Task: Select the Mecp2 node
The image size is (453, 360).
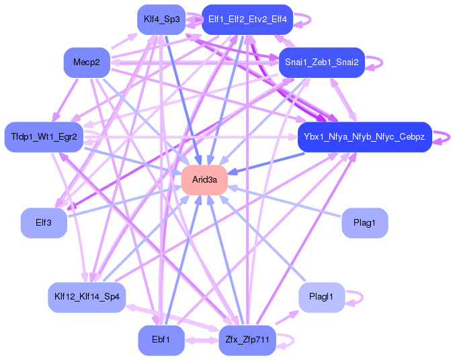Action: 86,62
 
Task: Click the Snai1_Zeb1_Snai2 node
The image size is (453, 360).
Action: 321,62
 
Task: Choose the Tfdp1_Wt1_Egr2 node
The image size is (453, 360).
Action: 44,137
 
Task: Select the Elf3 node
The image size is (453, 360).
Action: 44,222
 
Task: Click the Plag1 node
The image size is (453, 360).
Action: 364,222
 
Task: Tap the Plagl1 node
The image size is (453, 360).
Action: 321,296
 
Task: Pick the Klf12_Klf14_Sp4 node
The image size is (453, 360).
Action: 86,296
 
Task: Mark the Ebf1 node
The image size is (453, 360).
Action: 161,340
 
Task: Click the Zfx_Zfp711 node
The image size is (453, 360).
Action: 247,340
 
